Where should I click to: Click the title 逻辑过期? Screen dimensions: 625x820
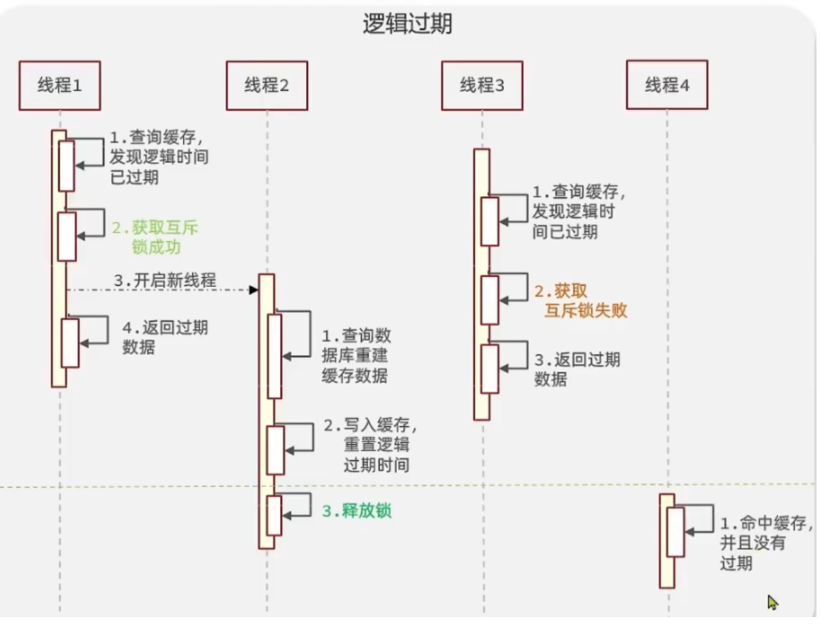407,25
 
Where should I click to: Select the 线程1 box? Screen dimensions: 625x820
60,85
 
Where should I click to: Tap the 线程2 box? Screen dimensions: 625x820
266,85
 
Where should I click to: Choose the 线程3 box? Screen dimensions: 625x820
482,85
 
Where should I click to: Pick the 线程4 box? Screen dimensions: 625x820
667,85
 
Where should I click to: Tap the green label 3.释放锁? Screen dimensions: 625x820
357,511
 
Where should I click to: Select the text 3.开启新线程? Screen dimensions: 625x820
165,280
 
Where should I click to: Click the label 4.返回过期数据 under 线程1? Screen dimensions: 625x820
165,337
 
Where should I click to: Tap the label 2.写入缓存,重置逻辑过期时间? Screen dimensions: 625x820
371,444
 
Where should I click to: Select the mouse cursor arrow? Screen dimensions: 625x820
772,602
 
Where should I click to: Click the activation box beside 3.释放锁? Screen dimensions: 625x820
274,515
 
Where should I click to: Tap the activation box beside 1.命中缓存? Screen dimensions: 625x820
675,532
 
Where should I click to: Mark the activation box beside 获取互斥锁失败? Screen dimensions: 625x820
489,300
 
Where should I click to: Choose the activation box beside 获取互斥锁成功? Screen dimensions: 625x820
67,237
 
